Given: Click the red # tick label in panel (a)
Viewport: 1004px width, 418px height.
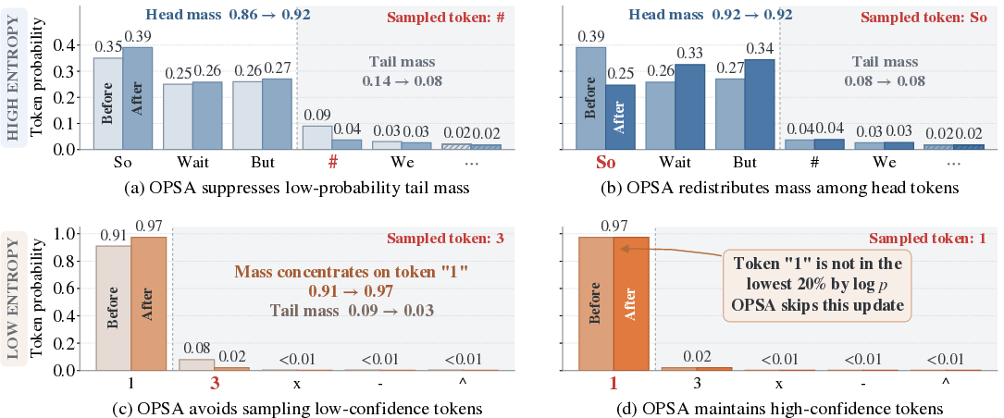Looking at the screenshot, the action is (x=333, y=164).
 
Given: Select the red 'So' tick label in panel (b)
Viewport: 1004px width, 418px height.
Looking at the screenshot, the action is (x=605, y=163).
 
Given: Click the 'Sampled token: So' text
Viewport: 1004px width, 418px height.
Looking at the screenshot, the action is (x=933, y=18).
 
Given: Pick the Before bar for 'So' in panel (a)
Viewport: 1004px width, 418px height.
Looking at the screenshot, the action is (x=108, y=104).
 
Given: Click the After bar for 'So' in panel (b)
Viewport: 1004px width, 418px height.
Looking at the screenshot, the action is (x=620, y=117).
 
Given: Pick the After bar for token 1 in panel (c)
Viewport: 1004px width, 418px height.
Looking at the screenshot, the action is (x=149, y=303).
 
